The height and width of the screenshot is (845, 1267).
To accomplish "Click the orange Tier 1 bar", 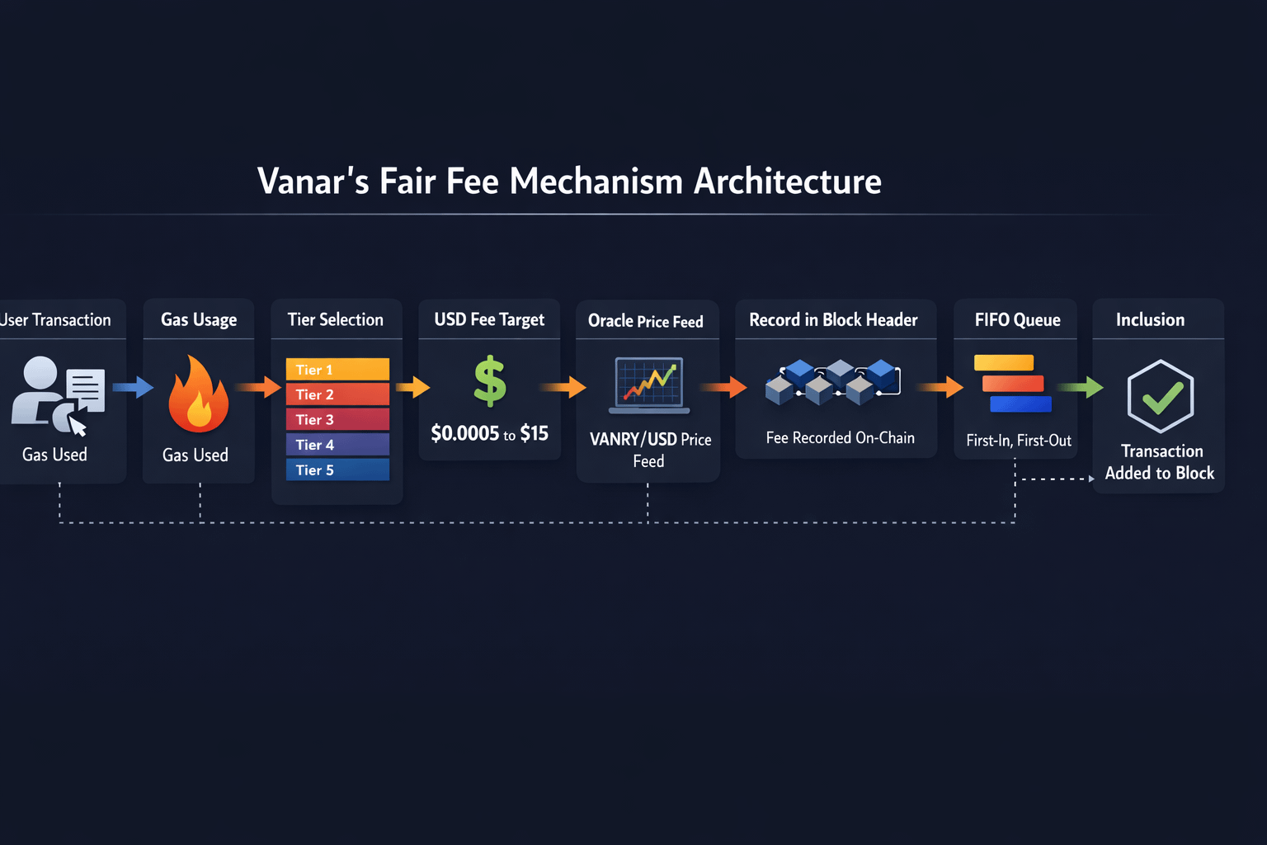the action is [x=337, y=370].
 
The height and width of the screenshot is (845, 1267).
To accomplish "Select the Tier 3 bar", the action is [x=337, y=419].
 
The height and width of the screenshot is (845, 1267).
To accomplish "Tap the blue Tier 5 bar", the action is [x=337, y=470].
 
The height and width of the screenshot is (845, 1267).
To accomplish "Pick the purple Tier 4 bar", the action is [x=337, y=445].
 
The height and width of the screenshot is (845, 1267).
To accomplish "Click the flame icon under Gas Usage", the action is [x=199, y=394].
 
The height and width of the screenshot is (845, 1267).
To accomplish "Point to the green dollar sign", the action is [x=490, y=381].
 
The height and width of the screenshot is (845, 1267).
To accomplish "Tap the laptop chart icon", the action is [x=649, y=385].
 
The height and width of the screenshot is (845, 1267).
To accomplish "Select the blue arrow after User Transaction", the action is [x=133, y=387].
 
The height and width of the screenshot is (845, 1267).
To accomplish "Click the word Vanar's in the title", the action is [x=313, y=182].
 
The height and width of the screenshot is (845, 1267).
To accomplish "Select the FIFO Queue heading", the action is [x=1018, y=320].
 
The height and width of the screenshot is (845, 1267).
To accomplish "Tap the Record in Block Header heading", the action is [x=833, y=320].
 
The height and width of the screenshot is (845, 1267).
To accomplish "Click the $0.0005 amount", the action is [x=465, y=433].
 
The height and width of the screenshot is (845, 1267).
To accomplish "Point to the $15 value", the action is [x=534, y=433].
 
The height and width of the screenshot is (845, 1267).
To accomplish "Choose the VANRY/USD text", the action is [x=633, y=439].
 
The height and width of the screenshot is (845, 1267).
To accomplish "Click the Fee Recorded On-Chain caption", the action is [x=840, y=437].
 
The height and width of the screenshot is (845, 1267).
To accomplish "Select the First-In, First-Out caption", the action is [x=1019, y=441].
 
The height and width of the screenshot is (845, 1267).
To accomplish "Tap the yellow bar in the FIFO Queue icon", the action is [x=1004, y=363].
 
